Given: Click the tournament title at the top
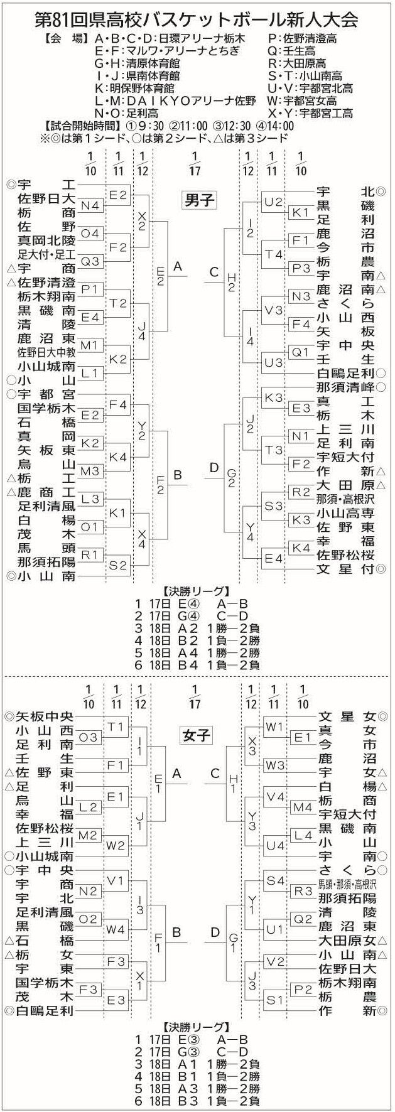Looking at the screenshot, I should [197, 19].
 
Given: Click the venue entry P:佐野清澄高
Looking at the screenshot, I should [302, 38].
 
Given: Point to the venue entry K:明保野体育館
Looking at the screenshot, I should [135, 89].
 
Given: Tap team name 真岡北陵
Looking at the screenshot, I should [46, 241].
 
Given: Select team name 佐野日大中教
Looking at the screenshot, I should [46, 353].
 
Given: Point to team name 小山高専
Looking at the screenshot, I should [345, 512].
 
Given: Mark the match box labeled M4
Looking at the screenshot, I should [303, 807].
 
